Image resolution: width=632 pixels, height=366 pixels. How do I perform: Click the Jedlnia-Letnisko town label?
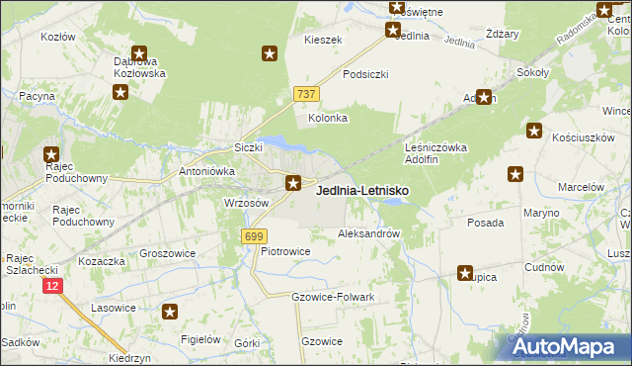[x=362, y=190]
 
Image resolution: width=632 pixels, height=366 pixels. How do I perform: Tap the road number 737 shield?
[x=305, y=93]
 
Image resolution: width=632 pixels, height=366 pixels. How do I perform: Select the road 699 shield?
[x=253, y=235]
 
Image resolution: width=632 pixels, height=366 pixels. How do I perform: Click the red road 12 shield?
[x=52, y=285]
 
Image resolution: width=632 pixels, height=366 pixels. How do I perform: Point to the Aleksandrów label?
[x=368, y=234]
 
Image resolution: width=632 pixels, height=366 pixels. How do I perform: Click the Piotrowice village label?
[x=285, y=251]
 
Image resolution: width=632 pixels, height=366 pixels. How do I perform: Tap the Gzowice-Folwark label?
[x=333, y=297]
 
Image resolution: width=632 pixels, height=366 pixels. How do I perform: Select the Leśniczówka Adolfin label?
[x=435, y=153]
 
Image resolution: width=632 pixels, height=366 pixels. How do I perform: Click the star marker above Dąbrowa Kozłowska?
[x=139, y=54]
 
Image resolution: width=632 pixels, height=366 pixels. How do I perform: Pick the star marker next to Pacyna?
[x=120, y=93]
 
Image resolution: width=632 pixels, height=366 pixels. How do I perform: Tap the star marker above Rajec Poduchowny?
[x=51, y=154]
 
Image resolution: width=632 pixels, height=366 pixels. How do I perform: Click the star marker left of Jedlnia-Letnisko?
[x=293, y=182]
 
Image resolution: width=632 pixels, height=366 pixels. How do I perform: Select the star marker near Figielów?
[x=170, y=312]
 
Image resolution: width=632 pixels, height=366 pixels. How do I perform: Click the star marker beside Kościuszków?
[x=534, y=130]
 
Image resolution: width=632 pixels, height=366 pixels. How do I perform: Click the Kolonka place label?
[x=328, y=118]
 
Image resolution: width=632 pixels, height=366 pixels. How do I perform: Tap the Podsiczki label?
[x=365, y=74]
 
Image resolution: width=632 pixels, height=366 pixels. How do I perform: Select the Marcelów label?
[x=581, y=186]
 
